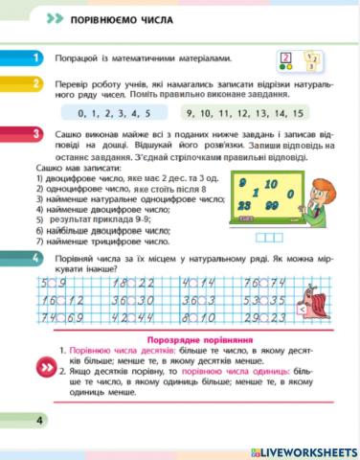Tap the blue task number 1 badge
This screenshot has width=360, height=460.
(36, 58)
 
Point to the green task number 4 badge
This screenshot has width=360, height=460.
(36, 259)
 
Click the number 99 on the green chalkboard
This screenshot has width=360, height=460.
(275, 206)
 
